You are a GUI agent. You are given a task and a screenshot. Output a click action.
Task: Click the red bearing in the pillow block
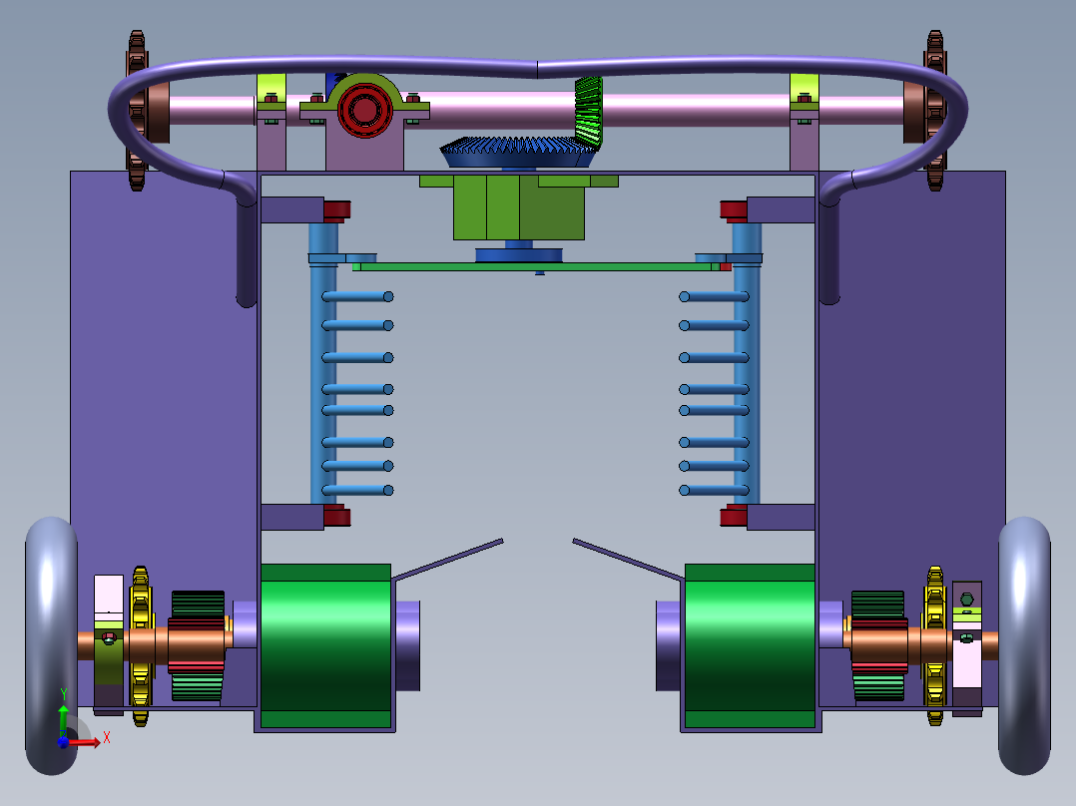[x=363, y=109]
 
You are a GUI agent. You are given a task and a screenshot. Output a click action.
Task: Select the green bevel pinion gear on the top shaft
[x=590, y=109]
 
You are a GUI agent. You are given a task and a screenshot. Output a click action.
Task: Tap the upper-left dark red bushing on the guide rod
[x=336, y=209]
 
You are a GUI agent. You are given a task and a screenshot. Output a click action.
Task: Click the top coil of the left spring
[x=356, y=296]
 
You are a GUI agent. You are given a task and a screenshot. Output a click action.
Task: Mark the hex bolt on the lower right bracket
[x=965, y=601]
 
